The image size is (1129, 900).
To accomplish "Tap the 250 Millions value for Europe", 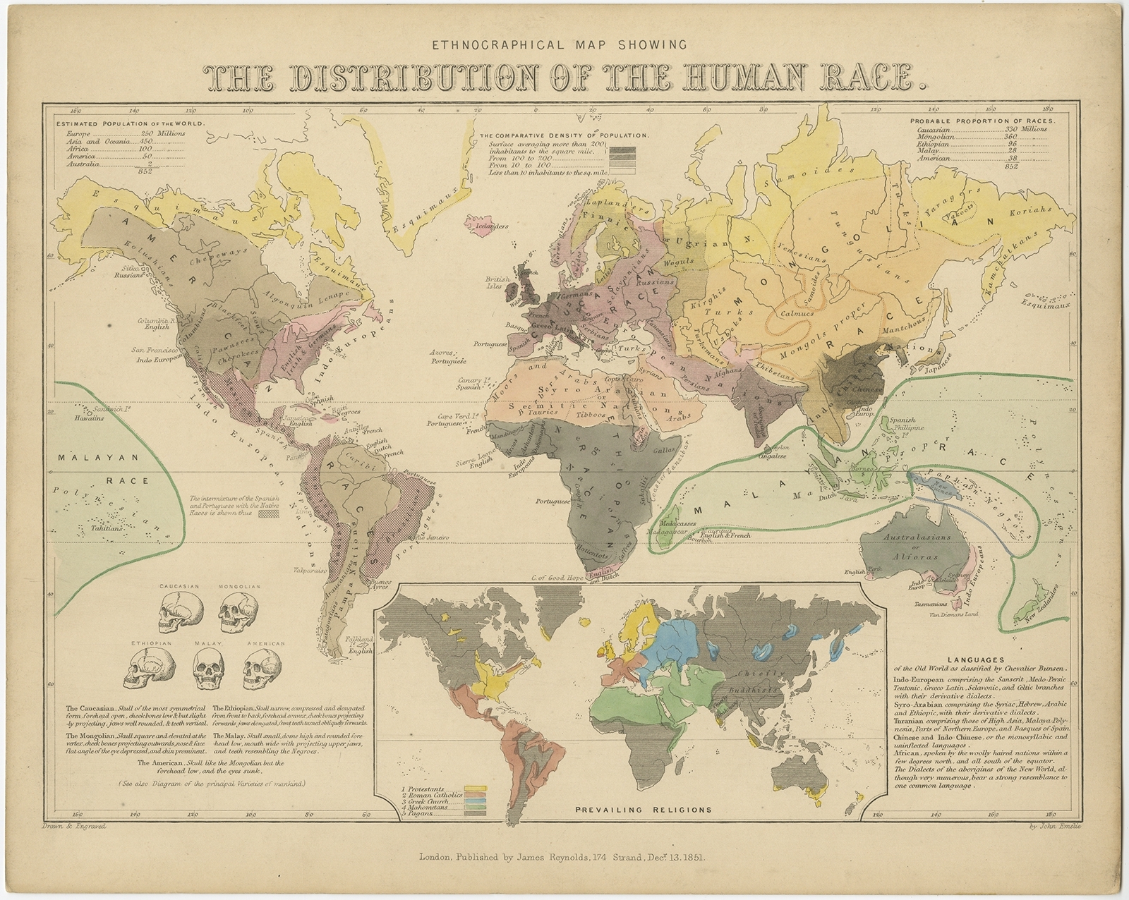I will click(162, 133).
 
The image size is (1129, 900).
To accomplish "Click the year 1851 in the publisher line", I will click(696, 858).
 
